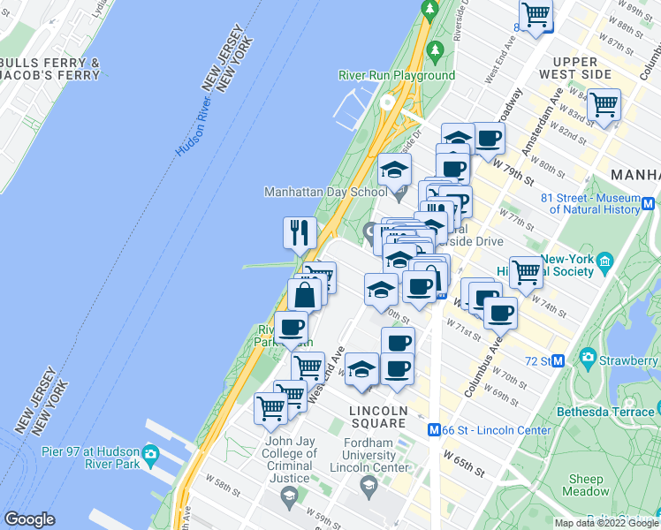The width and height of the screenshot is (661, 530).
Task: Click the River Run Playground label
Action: pyautogui.click(x=397, y=75)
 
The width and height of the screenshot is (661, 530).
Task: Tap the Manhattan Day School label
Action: pyautogui.click(x=324, y=191)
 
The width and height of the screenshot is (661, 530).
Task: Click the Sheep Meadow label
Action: pyautogui.click(x=585, y=485)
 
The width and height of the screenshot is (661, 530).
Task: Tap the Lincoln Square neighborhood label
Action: pyautogui.click(x=378, y=417)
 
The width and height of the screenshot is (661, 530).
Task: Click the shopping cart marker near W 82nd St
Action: pyautogui.click(x=604, y=105)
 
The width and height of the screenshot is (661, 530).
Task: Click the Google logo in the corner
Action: pyautogui.click(x=29, y=519)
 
